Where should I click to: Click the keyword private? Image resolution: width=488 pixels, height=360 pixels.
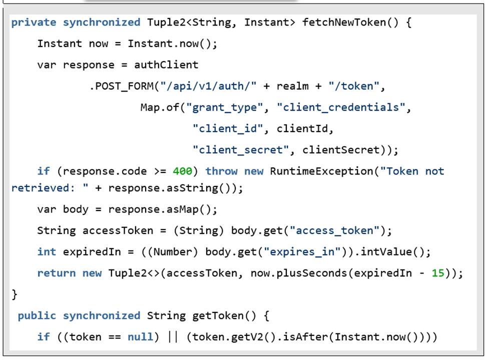(x=34, y=22)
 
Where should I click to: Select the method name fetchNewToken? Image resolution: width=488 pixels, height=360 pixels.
(x=344, y=22)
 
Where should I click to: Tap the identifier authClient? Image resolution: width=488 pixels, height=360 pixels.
(x=166, y=64)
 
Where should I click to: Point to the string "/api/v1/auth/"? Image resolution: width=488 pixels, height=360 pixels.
(x=208, y=86)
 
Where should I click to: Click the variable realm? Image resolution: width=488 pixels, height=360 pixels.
(x=293, y=86)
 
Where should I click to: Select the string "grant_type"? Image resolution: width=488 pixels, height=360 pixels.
(x=224, y=107)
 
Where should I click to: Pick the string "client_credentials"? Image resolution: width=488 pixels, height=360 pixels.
(x=341, y=107)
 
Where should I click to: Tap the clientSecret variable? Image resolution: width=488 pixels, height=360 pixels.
(x=341, y=150)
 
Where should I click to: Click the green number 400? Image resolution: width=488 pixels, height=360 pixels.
(x=182, y=171)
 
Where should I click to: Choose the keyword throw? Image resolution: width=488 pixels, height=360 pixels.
(x=221, y=171)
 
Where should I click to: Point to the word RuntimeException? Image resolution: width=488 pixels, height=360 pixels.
(x=321, y=171)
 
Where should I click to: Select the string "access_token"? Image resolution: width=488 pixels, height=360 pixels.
(x=334, y=230)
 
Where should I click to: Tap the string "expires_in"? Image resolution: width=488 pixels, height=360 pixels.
(x=302, y=252)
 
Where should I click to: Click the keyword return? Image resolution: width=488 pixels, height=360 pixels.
(x=57, y=273)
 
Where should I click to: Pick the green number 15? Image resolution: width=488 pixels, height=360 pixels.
(x=438, y=273)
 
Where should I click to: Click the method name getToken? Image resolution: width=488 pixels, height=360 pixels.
(x=218, y=315)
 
